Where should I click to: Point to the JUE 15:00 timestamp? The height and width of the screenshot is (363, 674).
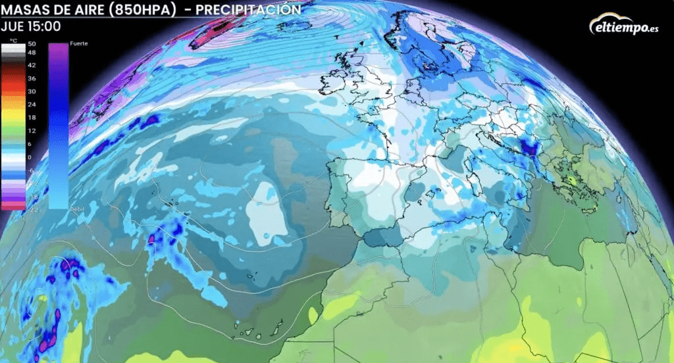(x=31, y=27)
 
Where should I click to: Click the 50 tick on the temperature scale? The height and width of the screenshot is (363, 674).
(x=32, y=43)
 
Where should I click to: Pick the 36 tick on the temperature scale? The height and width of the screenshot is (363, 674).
(x=32, y=78)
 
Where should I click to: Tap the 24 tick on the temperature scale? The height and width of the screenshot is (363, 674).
(x=32, y=105)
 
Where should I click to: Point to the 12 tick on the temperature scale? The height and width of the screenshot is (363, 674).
(x=32, y=131)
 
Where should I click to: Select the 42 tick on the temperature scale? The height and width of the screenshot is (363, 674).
(x=32, y=65)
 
